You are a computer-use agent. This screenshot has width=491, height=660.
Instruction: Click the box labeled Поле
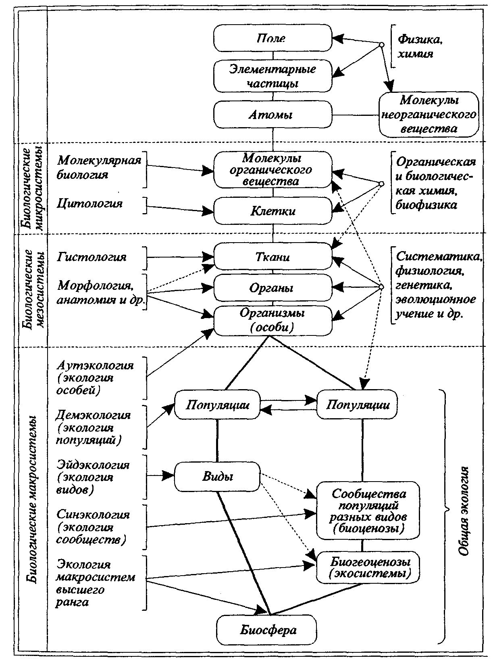[273, 39]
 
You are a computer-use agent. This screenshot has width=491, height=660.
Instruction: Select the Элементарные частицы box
[273, 76]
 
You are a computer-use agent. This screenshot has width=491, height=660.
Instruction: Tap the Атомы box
[273, 115]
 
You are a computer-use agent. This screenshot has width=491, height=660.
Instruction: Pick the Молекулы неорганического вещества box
[428, 114]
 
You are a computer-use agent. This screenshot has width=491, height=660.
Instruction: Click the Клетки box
[273, 211]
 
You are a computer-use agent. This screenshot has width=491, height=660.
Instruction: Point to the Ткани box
[273, 257]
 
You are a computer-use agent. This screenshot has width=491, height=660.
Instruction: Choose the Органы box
[273, 288]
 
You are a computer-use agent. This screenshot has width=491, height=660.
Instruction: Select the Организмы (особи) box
[273, 321]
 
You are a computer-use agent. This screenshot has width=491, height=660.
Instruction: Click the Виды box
[217, 476]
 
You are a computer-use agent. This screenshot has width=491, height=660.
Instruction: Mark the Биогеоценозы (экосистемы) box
[368, 568]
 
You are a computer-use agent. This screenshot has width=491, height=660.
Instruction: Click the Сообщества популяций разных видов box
[368, 511]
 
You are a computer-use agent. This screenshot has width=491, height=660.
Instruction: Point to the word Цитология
[90, 203]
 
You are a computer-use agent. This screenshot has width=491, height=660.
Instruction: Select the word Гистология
[92, 257]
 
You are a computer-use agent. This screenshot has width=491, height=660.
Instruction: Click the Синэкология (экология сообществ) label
[93, 527]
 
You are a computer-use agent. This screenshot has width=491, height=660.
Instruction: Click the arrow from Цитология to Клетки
[180, 209]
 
